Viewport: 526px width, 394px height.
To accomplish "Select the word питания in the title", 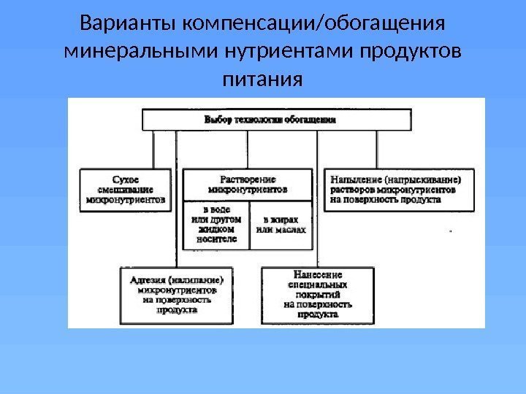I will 261,78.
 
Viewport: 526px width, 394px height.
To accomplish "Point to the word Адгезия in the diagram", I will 145,279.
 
